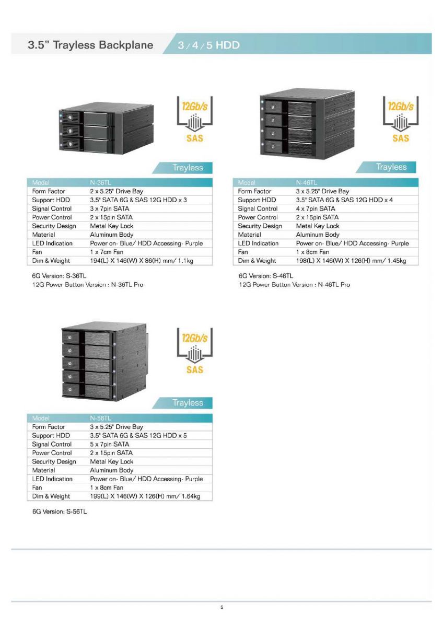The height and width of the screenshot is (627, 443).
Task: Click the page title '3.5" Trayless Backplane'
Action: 90,45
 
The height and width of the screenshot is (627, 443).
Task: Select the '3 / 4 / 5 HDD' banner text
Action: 208,45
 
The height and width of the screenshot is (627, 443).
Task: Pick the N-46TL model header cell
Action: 307,182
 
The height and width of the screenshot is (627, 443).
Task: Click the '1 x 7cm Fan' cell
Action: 107,252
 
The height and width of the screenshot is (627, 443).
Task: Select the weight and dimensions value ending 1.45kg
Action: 351,261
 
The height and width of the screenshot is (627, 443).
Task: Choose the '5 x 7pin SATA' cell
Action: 110,444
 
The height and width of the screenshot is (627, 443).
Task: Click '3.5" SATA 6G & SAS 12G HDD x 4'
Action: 344,200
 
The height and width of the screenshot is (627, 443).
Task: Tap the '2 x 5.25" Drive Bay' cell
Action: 116,191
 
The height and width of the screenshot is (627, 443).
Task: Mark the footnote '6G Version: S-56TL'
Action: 60,512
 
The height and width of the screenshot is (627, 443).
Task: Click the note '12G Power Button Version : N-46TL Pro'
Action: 295,285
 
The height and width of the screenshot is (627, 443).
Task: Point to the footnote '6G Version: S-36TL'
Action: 59,276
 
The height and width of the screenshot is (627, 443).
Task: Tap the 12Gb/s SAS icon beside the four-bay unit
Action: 401,119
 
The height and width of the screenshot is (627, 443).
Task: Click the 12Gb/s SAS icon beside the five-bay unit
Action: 195,351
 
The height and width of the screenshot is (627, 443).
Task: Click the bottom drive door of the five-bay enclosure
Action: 97,389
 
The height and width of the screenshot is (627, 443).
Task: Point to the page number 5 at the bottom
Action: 221,607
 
